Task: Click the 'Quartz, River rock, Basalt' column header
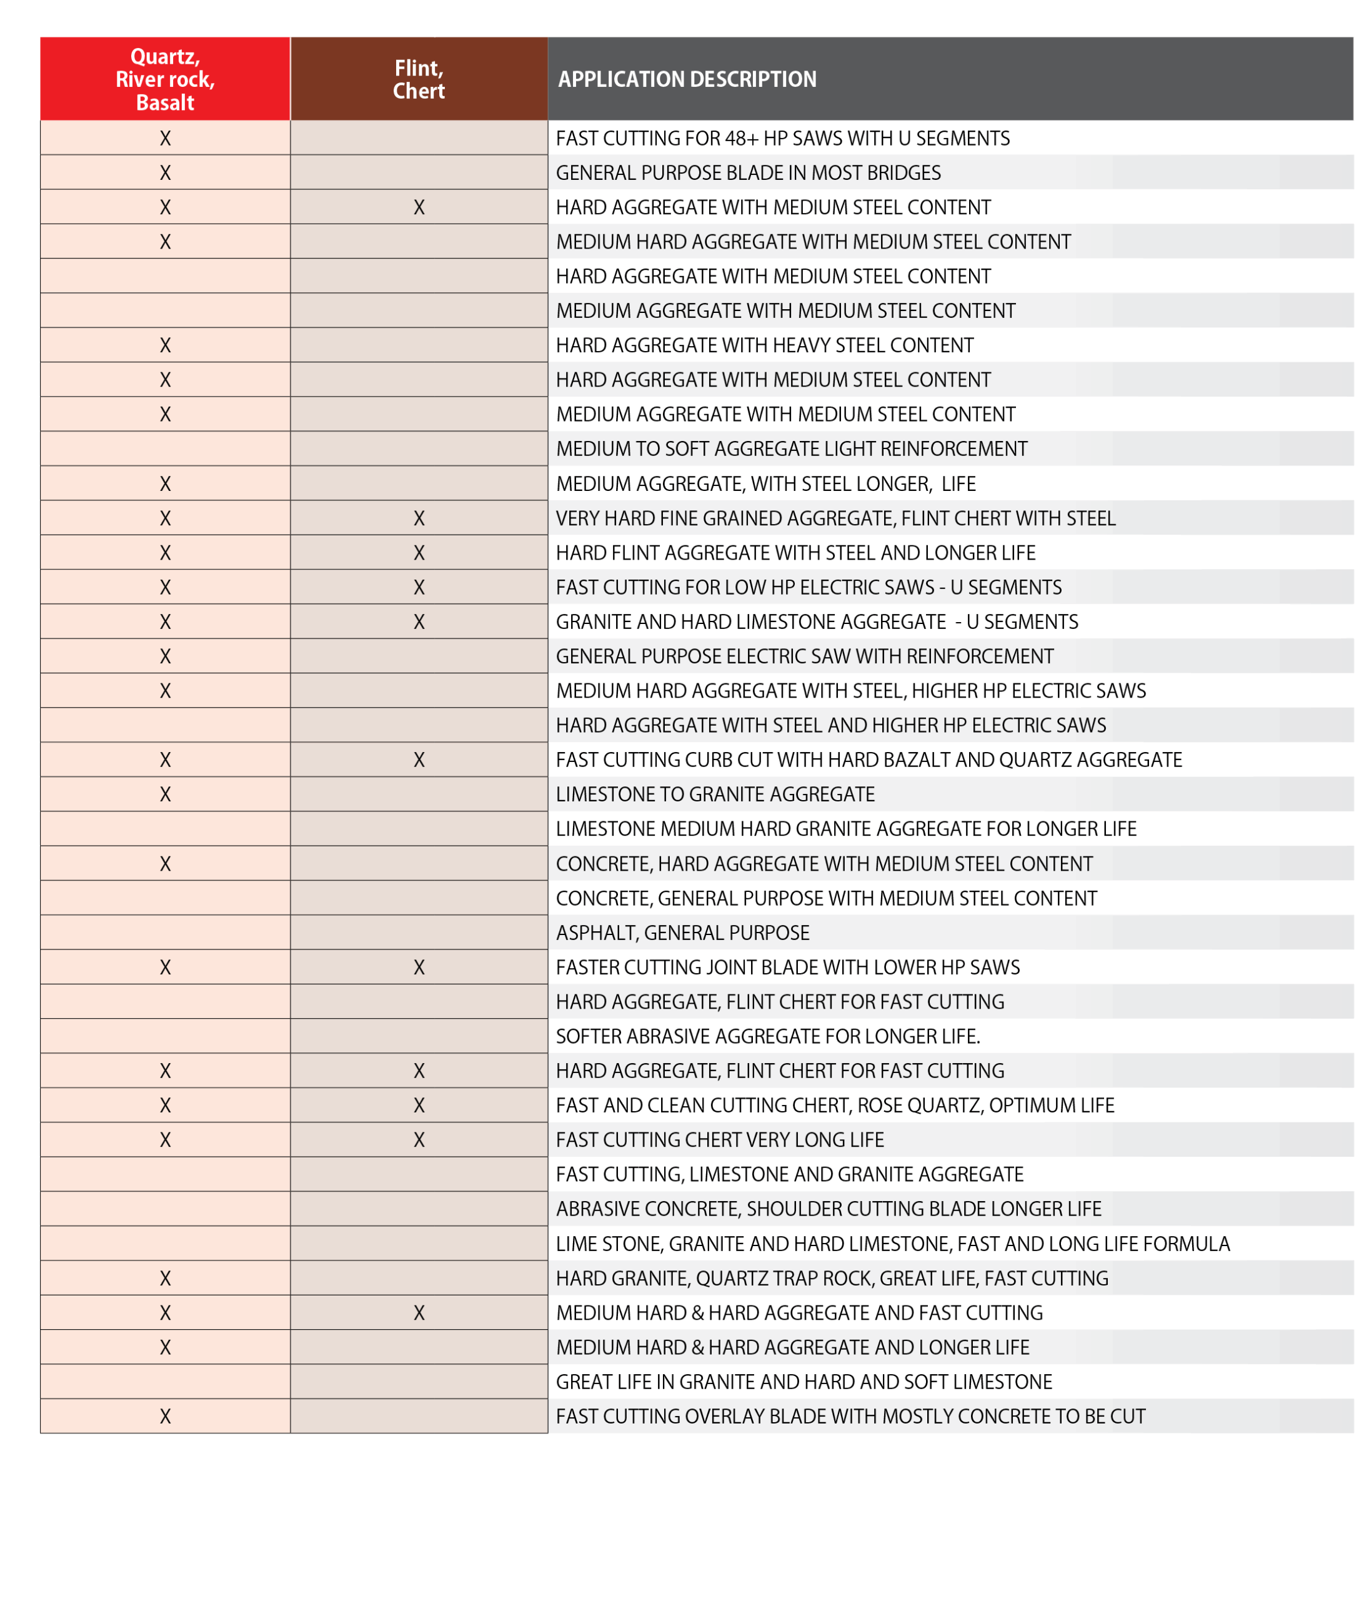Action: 164,79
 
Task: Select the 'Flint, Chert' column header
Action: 418,79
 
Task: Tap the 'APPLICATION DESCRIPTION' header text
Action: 687,79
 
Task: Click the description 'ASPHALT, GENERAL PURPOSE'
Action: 682,933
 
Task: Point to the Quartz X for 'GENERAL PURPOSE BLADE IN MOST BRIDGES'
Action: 164,172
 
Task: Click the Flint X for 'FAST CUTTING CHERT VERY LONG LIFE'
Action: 419,1139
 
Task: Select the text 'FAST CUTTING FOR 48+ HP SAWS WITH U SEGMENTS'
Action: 782,138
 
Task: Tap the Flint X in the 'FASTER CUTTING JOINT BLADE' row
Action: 419,967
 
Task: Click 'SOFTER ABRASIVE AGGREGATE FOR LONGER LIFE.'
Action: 767,1036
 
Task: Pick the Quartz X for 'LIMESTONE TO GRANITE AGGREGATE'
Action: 164,794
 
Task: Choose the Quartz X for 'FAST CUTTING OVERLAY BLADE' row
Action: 164,1416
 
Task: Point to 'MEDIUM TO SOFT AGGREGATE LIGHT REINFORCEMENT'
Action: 792,448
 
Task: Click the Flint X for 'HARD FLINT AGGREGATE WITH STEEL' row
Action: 419,553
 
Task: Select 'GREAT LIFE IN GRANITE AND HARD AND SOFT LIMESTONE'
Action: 803,1382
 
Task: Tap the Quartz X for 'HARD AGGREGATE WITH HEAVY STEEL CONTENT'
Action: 164,345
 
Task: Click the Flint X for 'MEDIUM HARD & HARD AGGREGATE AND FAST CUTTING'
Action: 419,1313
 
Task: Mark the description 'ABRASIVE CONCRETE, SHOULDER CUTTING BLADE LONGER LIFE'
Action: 828,1209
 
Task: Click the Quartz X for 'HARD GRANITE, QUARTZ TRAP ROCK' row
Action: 164,1278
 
